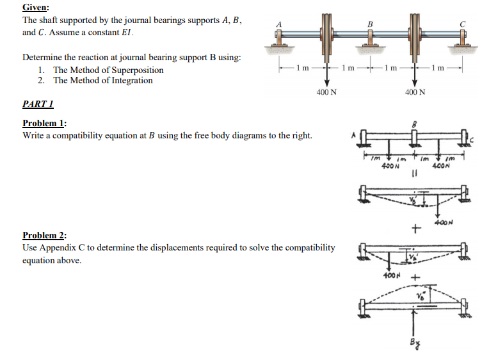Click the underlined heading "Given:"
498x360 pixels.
(x=36, y=8)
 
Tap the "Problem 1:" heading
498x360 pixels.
(x=45, y=124)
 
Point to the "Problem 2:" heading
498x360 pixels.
(x=45, y=235)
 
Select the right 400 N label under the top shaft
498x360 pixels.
(x=415, y=92)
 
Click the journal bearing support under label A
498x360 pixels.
(x=279, y=44)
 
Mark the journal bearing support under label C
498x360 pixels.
(x=462, y=44)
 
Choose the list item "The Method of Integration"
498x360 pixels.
(x=102, y=80)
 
